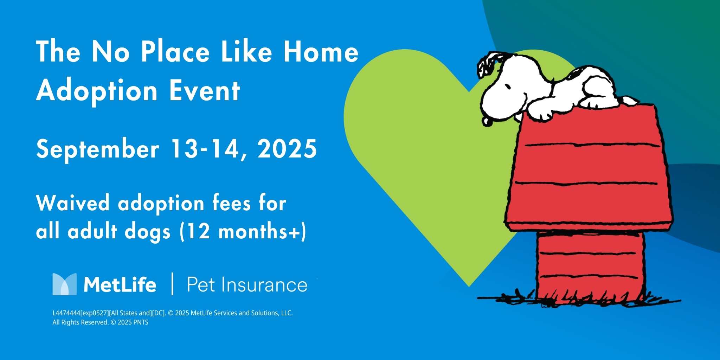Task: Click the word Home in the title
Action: (x=321, y=52)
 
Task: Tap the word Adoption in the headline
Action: (x=97, y=91)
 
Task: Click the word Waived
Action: (x=72, y=203)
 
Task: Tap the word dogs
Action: (x=148, y=232)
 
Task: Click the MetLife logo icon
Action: (x=64, y=284)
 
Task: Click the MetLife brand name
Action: (x=120, y=284)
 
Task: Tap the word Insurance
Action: (x=264, y=285)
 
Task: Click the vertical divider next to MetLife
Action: (x=172, y=284)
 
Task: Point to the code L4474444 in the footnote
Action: (x=66, y=313)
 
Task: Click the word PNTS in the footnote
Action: (x=141, y=322)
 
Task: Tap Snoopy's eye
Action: (x=507, y=86)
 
